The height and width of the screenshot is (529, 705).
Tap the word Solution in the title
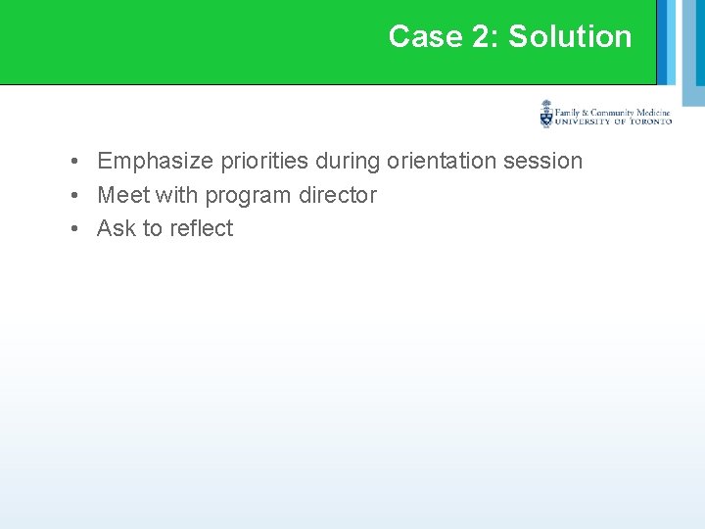(x=570, y=36)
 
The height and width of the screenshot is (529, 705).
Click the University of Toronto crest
(x=546, y=115)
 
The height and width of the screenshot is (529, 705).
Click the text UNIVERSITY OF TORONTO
(x=613, y=122)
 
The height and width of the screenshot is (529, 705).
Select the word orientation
(x=439, y=161)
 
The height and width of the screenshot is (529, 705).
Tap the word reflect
(x=201, y=228)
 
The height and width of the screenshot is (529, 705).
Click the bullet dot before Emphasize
(x=74, y=162)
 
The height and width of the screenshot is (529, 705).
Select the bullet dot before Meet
(x=74, y=196)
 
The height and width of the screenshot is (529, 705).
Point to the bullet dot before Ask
(x=74, y=229)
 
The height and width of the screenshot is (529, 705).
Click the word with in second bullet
(x=176, y=195)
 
